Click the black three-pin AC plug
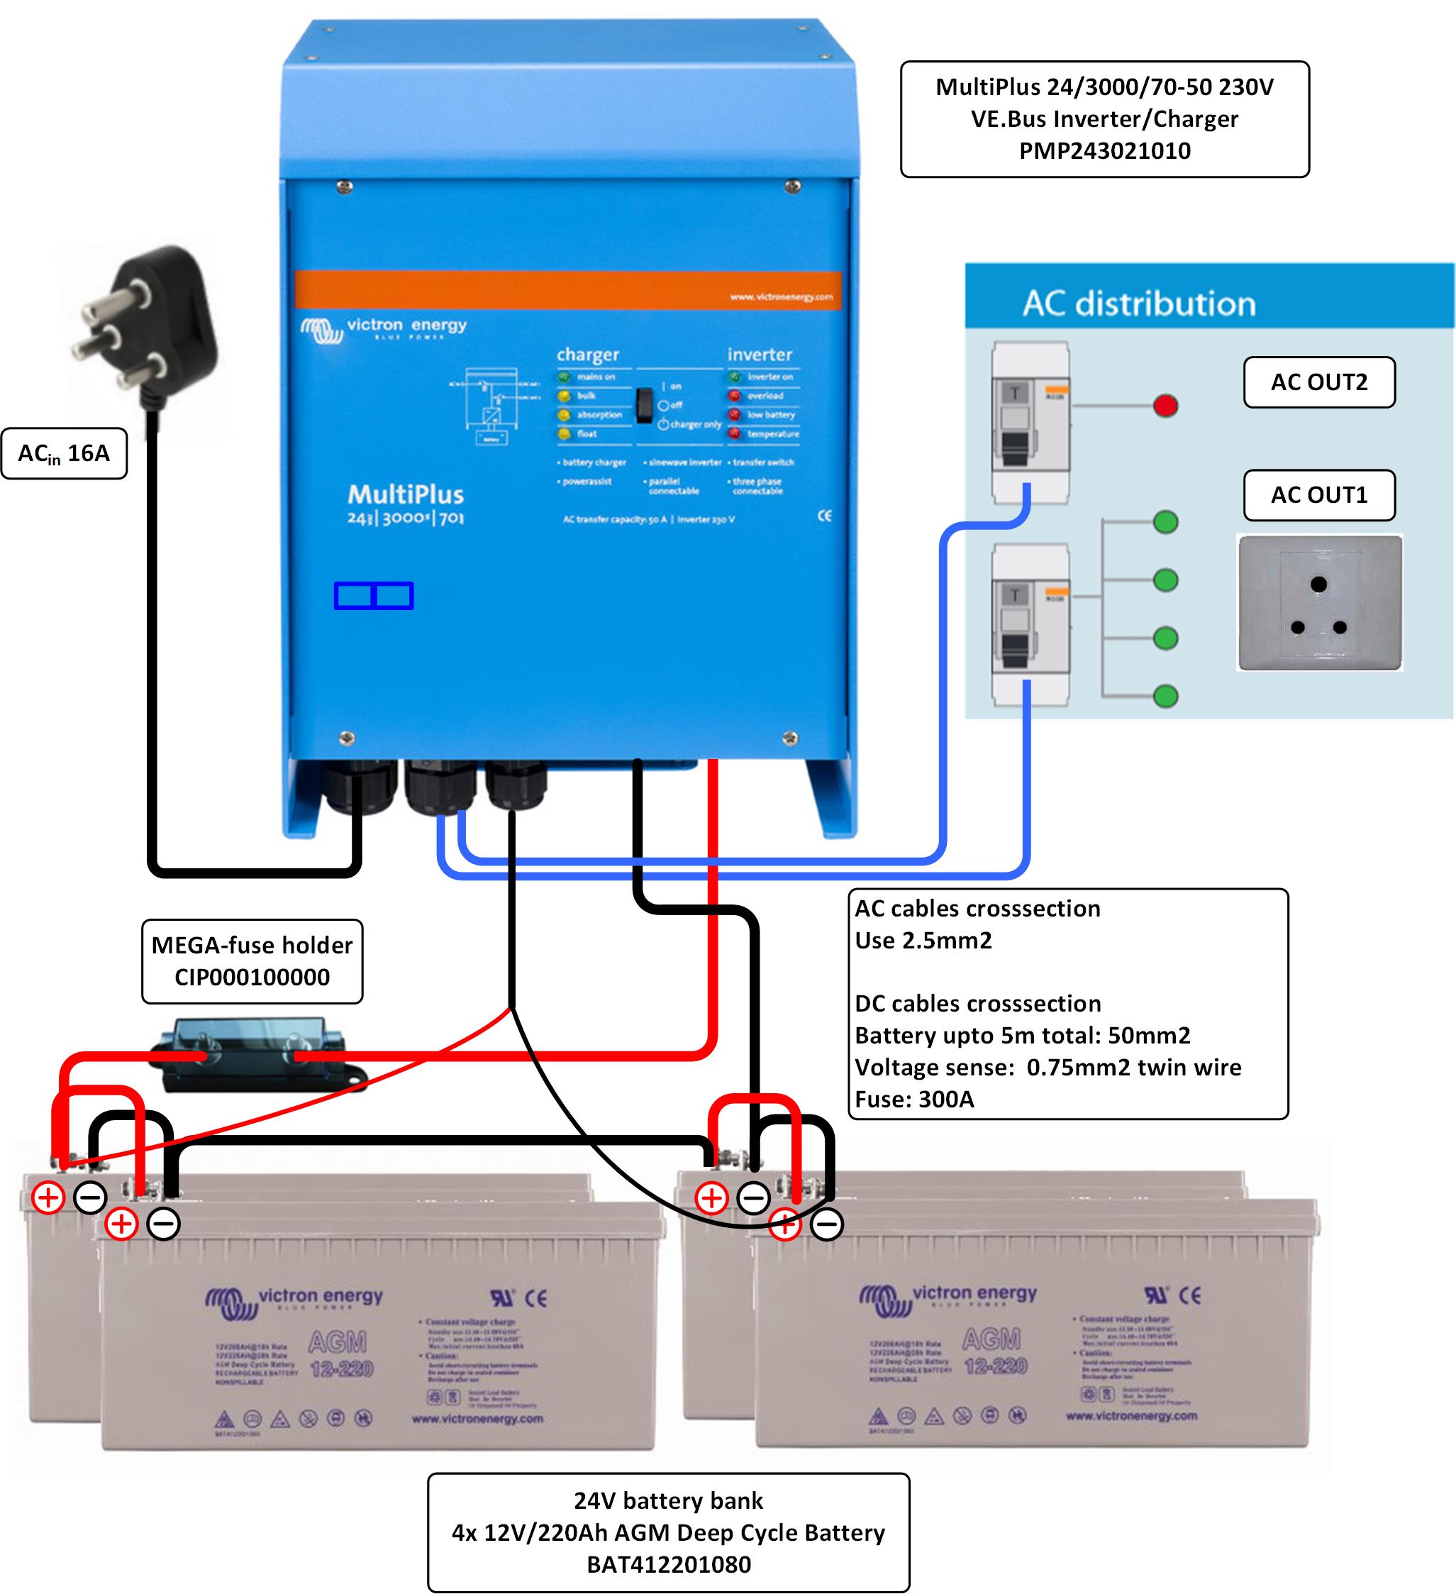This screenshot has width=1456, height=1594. (x=150, y=324)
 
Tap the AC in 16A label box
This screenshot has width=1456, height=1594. (x=64, y=454)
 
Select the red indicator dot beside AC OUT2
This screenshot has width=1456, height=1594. (x=1166, y=406)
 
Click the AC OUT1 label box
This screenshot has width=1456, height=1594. (x=1318, y=495)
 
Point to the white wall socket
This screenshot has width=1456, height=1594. (x=1318, y=602)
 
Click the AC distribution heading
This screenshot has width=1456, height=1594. (x=1139, y=304)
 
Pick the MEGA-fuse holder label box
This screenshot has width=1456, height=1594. (x=252, y=961)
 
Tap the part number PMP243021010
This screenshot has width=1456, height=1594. (x=1104, y=151)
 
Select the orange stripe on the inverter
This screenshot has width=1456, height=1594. (x=567, y=289)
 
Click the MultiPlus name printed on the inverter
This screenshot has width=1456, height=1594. (x=406, y=495)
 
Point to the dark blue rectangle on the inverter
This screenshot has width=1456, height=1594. (x=374, y=595)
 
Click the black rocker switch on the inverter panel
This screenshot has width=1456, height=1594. (x=645, y=405)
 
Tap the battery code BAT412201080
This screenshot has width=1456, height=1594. (x=669, y=1564)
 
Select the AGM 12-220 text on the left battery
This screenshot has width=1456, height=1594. (x=340, y=1354)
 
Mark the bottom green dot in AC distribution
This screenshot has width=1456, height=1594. (x=1166, y=696)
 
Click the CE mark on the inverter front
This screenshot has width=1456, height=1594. (x=824, y=516)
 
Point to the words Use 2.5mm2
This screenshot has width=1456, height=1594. (x=923, y=940)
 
